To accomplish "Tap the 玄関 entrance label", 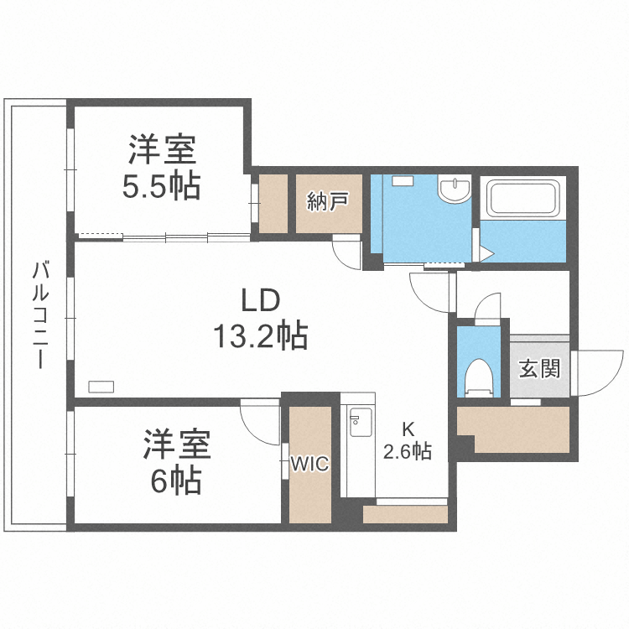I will pos(538,369).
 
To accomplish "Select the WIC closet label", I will pos(309,464).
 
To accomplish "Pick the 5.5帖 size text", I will pos(161,186).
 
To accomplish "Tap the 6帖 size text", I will pos(174,481).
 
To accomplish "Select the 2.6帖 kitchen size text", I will pos(408,452).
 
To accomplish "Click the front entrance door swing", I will pos(599,372).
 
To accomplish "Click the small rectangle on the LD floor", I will pos(101,386).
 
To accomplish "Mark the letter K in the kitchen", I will pos(407,427).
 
